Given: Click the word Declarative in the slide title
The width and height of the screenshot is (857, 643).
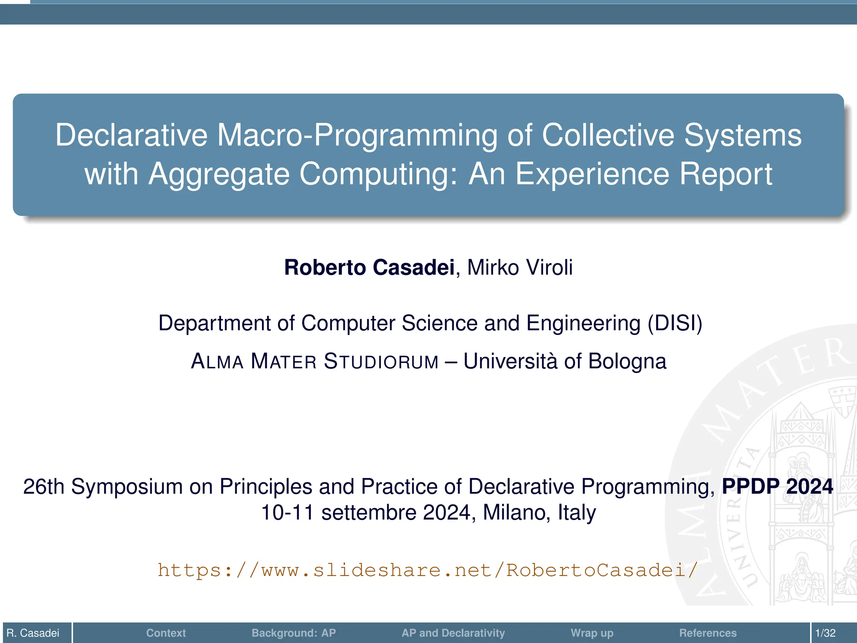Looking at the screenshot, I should click(x=131, y=135).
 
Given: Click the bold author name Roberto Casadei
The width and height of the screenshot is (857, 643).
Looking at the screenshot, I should click(x=369, y=267).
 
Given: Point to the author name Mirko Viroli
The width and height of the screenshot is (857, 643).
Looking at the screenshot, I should click(x=519, y=267).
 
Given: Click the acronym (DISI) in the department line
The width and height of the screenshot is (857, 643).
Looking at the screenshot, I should click(x=675, y=323).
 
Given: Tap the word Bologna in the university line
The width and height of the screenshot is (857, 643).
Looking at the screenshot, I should click(x=627, y=361).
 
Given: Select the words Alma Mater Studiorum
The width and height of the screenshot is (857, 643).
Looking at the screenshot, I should click(x=314, y=361).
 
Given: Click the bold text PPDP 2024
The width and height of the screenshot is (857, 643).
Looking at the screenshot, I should click(x=777, y=486).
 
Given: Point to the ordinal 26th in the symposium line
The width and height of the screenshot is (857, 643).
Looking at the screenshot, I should click(x=44, y=486).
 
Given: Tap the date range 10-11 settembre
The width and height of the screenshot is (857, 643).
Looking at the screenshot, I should click(x=339, y=512).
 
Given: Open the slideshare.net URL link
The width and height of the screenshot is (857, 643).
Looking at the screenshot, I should click(x=428, y=570).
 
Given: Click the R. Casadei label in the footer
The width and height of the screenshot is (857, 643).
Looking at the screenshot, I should click(x=33, y=633).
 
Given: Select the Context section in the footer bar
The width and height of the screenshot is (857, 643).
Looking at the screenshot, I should click(x=166, y=633).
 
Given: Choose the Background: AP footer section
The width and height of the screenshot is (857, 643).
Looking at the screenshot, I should click(x=293, y=633).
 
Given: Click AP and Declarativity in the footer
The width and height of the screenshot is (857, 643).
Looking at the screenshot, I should click(x=453, y=633).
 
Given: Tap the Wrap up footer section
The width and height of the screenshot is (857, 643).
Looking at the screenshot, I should click(x=592, y=633).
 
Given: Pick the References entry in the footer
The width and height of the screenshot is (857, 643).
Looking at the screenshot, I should click(x=708, y=633).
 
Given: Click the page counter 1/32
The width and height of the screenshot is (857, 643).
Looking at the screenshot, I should click(x=825, y=633).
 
